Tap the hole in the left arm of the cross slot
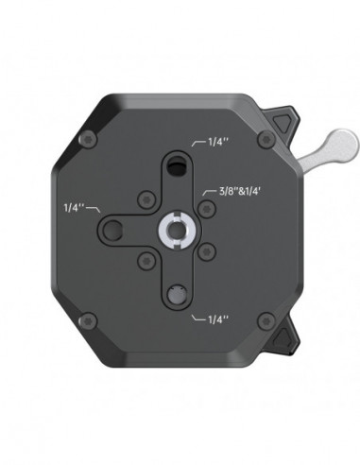[112, 229]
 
